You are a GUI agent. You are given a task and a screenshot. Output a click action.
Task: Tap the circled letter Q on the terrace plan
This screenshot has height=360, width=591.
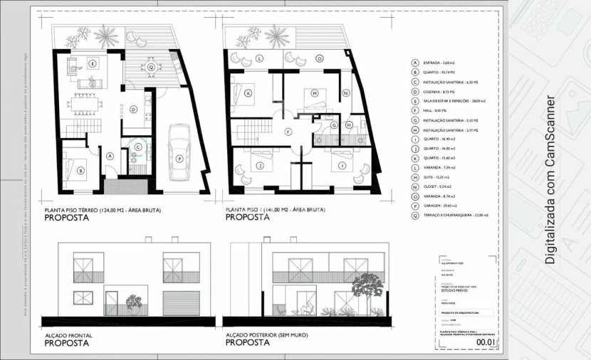click(x=151, y=67)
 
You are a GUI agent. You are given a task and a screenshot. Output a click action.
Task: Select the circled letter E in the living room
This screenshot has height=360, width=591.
click(x=93, y=63)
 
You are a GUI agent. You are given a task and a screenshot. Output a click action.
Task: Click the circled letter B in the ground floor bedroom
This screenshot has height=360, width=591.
click(x=80, y=169)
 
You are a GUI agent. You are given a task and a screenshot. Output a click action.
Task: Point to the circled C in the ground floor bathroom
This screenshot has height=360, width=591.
click(x=137, y=147)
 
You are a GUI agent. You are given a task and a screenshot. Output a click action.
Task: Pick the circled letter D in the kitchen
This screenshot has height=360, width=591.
click(x=132, y=110)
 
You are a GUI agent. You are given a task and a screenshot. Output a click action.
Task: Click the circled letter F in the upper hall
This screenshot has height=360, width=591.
click(x=288, y=132)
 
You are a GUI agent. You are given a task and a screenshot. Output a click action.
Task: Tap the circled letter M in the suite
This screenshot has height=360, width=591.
click(x=314, y=92)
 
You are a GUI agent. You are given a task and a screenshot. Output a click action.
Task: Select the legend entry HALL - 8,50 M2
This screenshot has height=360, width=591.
click(x=434, y=111)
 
